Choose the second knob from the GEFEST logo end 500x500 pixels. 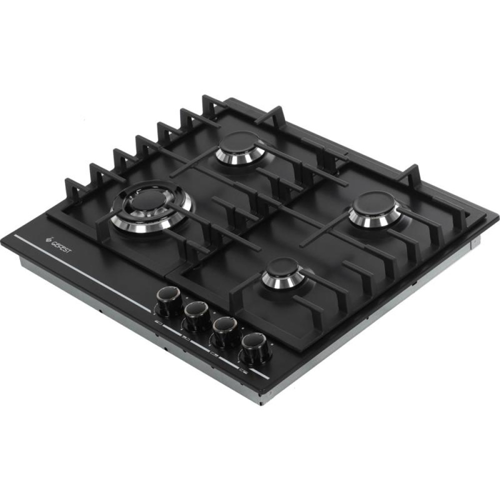pos(195,314)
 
